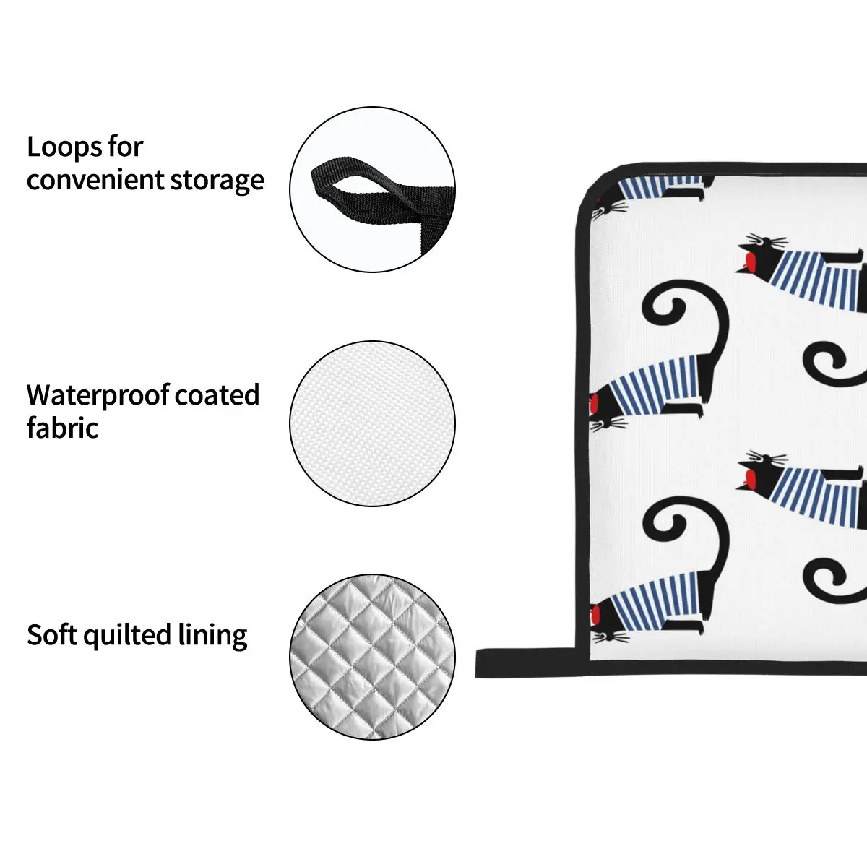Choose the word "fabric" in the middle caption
[62, 428]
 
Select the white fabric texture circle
[373, 423]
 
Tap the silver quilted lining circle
[373, 658]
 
